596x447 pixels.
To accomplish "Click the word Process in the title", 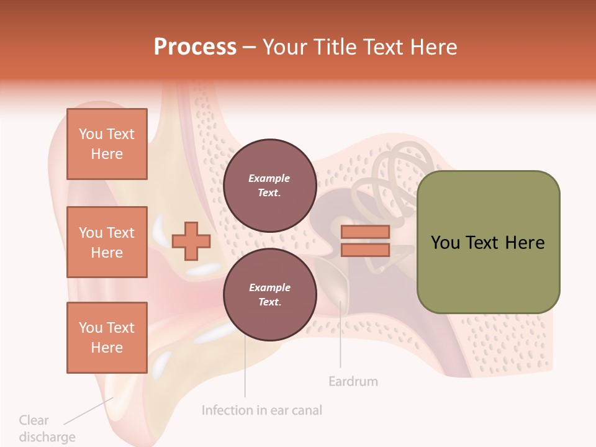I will click(195, 47).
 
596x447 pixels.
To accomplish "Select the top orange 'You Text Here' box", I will click(107, 144).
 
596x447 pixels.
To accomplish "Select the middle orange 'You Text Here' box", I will click(107, 242).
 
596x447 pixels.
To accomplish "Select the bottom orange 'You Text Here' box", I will click(107, 337).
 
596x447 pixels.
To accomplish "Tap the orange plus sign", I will click(191, 240).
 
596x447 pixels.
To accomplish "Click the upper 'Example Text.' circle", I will click(269, 185).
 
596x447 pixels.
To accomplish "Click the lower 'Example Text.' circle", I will click(269, 294).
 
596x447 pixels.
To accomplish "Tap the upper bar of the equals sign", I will click(365, 232).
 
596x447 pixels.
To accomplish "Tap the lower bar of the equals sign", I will click(365, 250).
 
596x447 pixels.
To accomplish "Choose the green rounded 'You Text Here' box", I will click(488, 242).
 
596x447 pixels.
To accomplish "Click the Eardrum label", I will click(353, 381).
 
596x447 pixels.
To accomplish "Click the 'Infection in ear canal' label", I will click(262, 410).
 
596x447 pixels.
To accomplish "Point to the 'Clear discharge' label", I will click(47, 428).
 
